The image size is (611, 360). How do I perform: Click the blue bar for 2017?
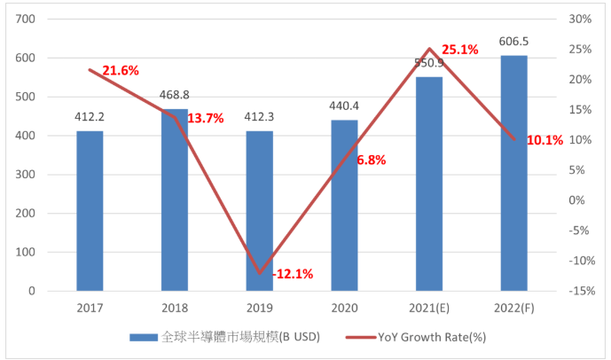coord(90,210)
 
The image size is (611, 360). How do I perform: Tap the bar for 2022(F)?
coord(513,173)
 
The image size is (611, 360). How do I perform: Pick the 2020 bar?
coord(344,205)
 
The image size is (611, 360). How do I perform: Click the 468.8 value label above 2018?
coord(175,95)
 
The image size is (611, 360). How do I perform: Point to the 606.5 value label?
coord(513,41)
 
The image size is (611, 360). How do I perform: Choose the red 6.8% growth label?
coord(371,160)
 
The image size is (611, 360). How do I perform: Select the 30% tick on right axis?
coord(580,20)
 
